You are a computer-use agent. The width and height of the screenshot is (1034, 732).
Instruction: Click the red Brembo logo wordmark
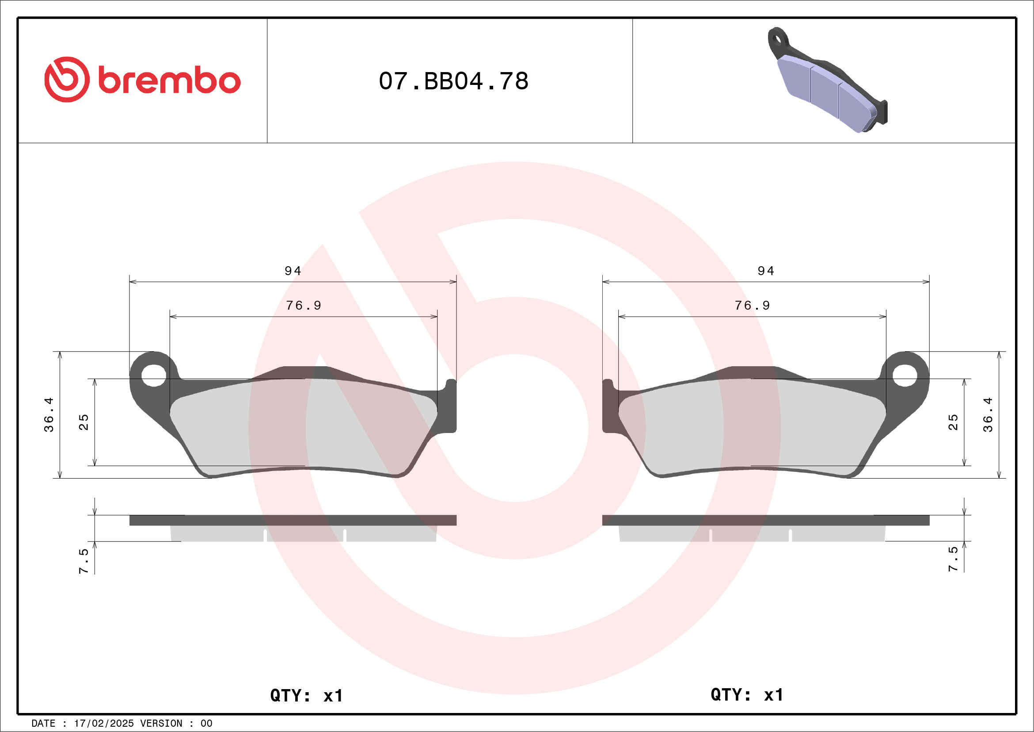[x=142, y=80]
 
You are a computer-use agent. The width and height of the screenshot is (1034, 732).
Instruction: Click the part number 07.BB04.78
[x=453, y=81]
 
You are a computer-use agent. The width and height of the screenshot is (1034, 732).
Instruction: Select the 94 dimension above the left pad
[x=293, y=271]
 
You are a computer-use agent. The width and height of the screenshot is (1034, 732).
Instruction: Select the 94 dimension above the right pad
[x=766, y=271]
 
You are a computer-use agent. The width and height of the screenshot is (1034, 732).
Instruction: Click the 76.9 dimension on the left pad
[x=304, y=306]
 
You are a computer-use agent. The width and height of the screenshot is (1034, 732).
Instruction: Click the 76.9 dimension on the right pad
[x=752, y=306]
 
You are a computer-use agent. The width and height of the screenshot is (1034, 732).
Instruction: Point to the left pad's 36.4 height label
[x=49, y=415]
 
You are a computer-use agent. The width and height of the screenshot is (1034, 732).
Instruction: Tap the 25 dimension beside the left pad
[x=84, y=422]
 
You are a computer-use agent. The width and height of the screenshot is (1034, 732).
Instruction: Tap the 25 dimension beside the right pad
[x=953, y=422]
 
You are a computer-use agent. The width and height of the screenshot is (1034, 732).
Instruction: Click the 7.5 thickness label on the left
[x=84, y=561]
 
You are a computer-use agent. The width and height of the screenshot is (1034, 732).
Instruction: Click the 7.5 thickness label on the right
[x=953, y=560]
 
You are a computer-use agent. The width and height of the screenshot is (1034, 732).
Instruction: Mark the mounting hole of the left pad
[x=154, y=375]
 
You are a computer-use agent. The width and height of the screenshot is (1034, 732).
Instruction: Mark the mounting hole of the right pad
[x=905, y=375]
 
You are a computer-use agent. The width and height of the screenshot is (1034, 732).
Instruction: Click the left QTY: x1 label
[x=306, y=695]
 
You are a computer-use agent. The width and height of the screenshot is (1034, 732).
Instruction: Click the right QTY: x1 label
[x=747, y=694]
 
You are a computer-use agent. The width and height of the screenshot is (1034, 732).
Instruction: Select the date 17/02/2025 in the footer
[x=103, y=724]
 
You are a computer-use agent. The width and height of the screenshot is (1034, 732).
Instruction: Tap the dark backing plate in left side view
[x=293, y=520]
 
